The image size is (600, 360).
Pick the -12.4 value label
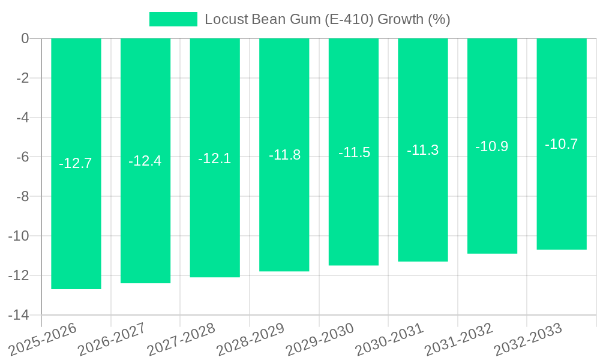click(x=145, y=161)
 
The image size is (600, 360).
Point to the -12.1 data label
click(x=215, y=159)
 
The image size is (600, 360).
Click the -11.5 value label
click(x=354, y=152)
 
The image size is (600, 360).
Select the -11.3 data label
click(x=423, y=151)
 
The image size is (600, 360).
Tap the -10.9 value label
click(x=492, y=146)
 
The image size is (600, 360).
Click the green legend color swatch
click(x=173, y=19)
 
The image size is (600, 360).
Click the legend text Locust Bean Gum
click(x=327, y=19)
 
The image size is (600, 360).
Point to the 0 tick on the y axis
click(x=25, y=38)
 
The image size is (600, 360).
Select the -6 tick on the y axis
click(x=22, y=157)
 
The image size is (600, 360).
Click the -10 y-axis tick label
click(x=19, y=236)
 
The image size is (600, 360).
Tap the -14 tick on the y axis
click(x=19, y=315)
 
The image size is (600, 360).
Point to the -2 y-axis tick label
click(x=22, y=78)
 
